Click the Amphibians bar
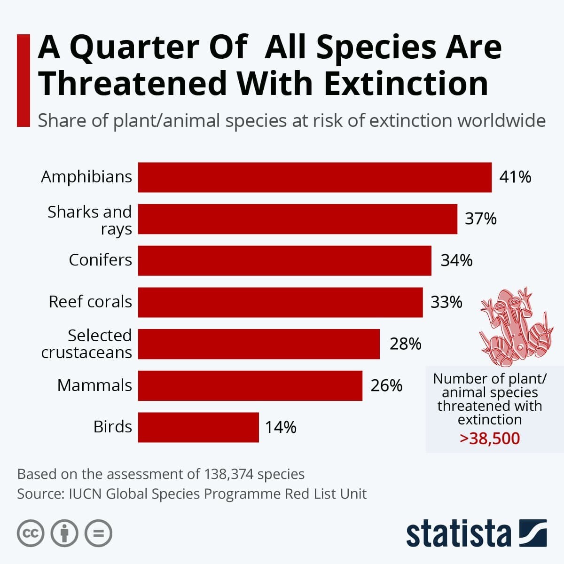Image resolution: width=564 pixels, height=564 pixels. [x=314, y=177]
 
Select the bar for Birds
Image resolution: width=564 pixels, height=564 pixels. [x=198, y=427]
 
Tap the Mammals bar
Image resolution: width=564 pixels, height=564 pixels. [x=250, y=385]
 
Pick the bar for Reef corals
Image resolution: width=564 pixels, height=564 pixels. [x=280, y=302]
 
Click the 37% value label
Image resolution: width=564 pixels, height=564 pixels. [x=480, y=219]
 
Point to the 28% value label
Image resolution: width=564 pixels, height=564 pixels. [x=405, y=344]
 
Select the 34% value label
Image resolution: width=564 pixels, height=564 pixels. [x=456, y=260]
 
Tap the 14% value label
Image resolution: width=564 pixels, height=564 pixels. [x=281, y=427]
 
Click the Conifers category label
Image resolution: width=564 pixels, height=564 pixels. [x=100, y=260]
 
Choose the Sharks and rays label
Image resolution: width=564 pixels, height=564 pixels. [x=90, y=220]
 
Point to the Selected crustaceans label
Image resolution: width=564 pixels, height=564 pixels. [x=87, y=344]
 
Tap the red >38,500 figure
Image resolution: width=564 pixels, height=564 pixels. [x=490, y=439]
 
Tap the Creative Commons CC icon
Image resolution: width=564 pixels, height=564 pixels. [x=31, y=533]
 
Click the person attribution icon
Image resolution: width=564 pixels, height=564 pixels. [x=64, y=533]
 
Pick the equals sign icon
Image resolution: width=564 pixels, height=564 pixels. [x=98, y=533]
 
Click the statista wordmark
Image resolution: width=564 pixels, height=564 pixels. [x=458, y=534]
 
